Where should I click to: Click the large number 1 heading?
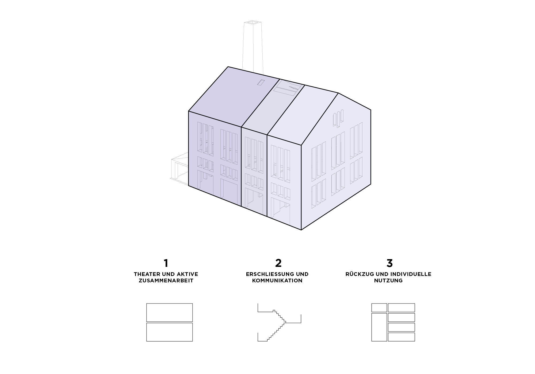[x=166, y=263]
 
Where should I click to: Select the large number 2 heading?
[x=278, y=263]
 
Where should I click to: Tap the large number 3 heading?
[x=389, y=263]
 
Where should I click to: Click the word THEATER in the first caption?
[x=147, y=274]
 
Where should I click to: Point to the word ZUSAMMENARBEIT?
[x=166, y=281]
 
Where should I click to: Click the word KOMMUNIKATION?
[x=277, y=281]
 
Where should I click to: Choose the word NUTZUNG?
[x=388, y=281]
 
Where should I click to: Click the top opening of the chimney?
[x=252, y=22]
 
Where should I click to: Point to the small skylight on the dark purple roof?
[x=261, y=82]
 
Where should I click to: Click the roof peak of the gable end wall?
[x=338, y=93]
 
